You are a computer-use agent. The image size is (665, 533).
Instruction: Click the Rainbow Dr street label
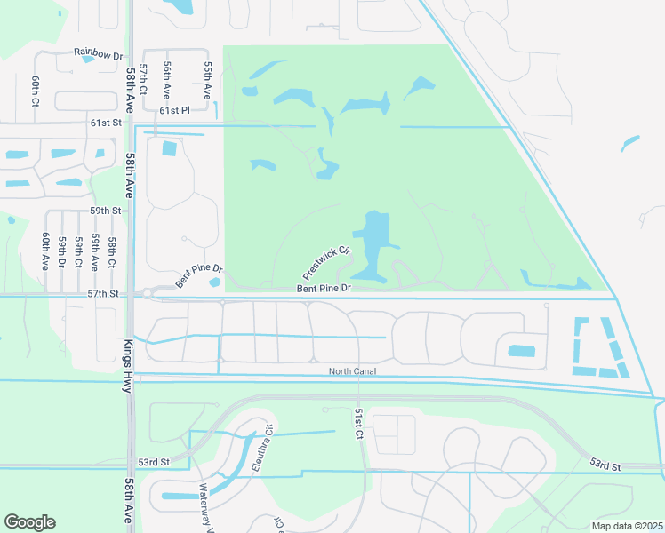[x=98, y=55]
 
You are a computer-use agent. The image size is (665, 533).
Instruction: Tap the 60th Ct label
[x=36, y=91]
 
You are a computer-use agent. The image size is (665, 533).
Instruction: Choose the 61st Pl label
[x=175, y=111]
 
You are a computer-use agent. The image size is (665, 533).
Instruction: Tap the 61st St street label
[x=104, y=122]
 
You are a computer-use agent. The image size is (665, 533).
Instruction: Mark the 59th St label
[x=104, y=211]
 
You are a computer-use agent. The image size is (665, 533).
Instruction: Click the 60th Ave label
[x=44, y=251]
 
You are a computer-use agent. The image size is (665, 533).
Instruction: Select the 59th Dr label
[x=61, y=252]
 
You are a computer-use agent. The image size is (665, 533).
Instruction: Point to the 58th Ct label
[x=112, y=252]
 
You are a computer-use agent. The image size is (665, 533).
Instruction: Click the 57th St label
[x=103, y=293]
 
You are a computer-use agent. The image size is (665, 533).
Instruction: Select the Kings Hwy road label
[x=128, y=364]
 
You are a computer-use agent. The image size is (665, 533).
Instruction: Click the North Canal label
[x=352, y=371]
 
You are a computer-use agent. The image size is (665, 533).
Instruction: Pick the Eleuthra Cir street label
[x=265, y=450]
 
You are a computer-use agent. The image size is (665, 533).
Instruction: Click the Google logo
[x=29, y=522]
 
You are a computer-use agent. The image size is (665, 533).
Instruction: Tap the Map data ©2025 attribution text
[x=627, y=526]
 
